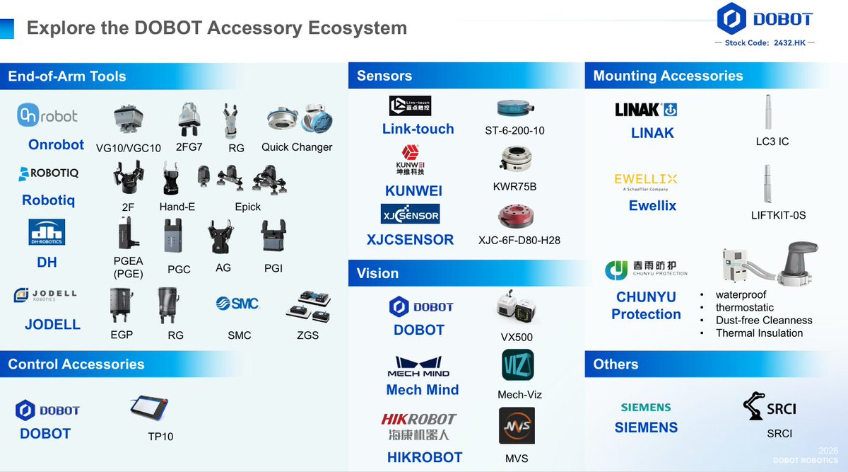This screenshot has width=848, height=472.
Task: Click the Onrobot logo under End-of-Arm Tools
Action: [47, 115]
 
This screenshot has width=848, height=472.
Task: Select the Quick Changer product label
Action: [297, 147]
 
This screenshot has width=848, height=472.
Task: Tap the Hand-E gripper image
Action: [170, 180]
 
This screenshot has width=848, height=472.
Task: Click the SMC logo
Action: [237, 304]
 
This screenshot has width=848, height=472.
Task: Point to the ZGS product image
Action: [308, 306]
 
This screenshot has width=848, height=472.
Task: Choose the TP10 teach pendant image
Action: [149, 409]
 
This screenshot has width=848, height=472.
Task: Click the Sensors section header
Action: [384, 76]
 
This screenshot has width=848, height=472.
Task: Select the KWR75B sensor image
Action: [514, 161]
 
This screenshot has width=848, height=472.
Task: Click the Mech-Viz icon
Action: [517, 366]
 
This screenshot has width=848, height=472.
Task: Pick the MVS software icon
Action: [517, 426]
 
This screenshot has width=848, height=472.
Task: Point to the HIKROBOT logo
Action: [419, 426]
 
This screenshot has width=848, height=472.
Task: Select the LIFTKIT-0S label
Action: [778, 214]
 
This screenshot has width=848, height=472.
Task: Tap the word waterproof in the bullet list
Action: [741, 295]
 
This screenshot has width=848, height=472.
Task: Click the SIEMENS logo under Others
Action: [646, 408]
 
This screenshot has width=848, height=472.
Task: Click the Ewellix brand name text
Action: [652, 206]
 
